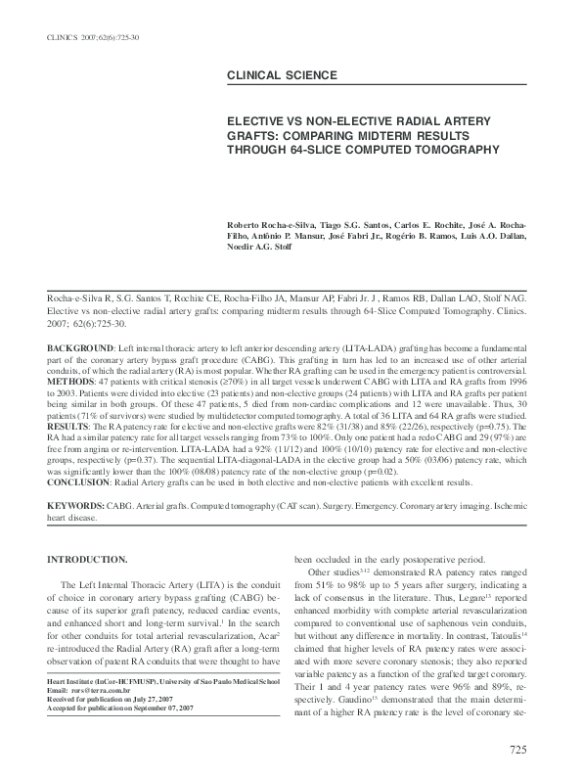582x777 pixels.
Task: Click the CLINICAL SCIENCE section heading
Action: [282, 75]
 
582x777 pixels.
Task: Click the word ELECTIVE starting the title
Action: [258, 114]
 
